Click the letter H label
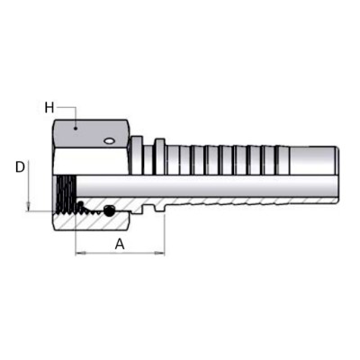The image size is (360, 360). [49, 108]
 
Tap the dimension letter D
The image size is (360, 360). [20, 167]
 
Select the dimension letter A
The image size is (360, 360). [120, 244]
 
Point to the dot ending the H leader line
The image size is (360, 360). [76, 129]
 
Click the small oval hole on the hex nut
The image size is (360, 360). [109, 140]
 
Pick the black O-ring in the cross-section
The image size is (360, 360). [109, 211]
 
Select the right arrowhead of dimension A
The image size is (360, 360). [159, 254]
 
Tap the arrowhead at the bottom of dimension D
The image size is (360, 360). [28, 206]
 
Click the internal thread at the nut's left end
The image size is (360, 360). [65, 194]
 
